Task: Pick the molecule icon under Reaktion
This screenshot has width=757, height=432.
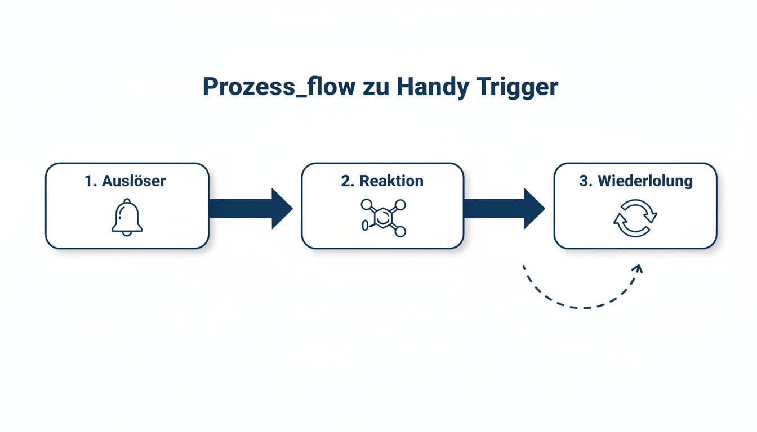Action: coord(383,217)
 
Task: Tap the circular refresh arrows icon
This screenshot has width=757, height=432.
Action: coord(635,217)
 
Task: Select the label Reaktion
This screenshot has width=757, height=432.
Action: coord(391,181)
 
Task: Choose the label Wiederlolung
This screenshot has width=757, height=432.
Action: coord(645,181)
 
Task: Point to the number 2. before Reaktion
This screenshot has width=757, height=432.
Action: coord(348,181)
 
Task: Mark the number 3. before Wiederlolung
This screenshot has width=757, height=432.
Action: coord(586,181)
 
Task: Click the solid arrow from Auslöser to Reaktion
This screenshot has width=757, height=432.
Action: coord(250,209)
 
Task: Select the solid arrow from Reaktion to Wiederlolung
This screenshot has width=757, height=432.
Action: coord(504,209)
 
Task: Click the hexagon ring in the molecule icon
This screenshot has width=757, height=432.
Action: coord(382,217)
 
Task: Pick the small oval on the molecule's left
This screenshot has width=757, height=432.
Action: coord(364,225)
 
